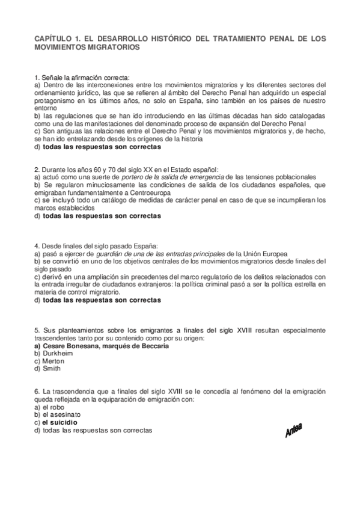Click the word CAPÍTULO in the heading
[x=53, y=38]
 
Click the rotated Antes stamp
[x=293, y=430]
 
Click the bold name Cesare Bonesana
[x=71, y=346]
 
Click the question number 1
[x=37, y=78]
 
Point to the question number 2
[x=37, y=170]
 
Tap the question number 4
[x=37, y=246]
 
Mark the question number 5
[x=37, y=330]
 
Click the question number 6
[x=37, y=392]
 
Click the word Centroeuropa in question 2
[x=147, y=192]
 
